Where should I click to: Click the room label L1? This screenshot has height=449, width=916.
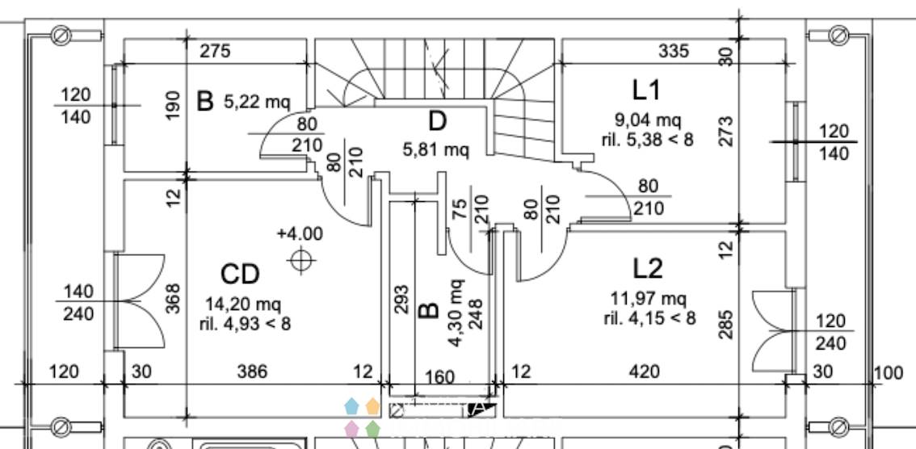point(646,90)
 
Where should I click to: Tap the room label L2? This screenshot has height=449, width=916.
point(648,269)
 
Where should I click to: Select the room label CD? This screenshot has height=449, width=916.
point(240,274)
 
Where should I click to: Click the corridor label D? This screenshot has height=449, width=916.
point(437,121)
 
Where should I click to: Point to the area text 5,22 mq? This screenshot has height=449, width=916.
point(257,103)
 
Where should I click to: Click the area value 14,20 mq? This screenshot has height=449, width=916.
point(243,304)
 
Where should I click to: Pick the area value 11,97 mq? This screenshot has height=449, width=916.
point(649,299)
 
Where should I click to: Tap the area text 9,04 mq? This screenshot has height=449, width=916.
point(647,121)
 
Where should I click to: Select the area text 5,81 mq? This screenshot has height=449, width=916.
point(436,150)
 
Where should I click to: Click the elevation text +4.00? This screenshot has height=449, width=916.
point(300,233)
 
